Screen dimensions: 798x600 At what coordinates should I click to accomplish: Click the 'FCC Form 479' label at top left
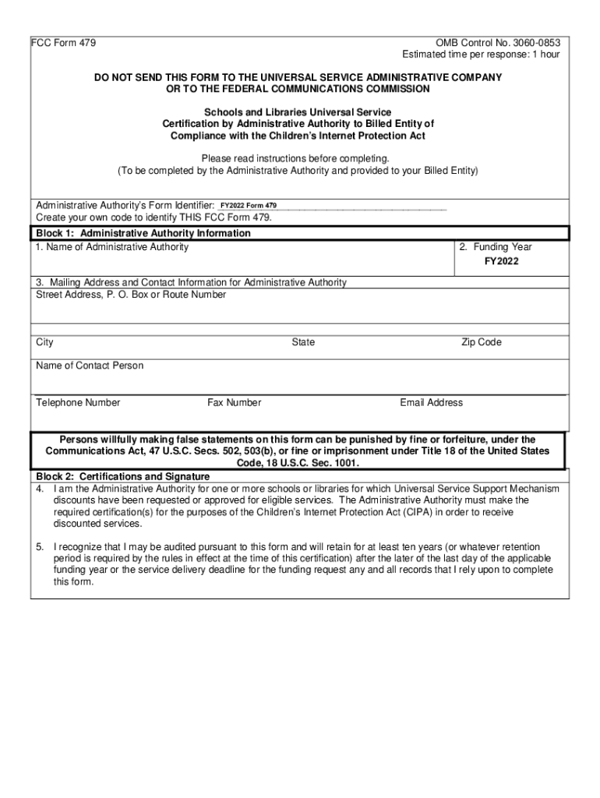64,43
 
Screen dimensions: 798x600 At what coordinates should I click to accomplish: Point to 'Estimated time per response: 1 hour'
480,55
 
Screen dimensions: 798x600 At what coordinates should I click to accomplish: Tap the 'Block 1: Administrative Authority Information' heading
143,233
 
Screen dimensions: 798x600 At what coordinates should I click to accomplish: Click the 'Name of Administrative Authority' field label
112,247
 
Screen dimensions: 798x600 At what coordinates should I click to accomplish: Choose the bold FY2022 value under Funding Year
501,262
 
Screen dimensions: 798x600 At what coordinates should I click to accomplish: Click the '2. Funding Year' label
495,247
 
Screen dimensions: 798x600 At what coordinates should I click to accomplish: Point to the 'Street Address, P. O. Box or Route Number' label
131,295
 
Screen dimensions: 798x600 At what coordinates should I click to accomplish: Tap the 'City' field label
45,342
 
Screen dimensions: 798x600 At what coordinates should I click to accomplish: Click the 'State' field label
303,342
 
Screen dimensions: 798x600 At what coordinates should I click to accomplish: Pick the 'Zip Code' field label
481,342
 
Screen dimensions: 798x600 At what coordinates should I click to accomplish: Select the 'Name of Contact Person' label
90,365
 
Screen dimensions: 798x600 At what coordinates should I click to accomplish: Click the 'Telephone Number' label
78,403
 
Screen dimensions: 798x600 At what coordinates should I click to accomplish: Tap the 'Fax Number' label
234,403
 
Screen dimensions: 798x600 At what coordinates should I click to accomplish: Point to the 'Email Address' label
431,403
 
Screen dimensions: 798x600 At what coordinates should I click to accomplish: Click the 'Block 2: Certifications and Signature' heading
123,476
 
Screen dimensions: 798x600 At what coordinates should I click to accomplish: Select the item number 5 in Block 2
40,548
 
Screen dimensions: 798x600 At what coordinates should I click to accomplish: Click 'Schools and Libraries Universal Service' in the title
298,112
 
